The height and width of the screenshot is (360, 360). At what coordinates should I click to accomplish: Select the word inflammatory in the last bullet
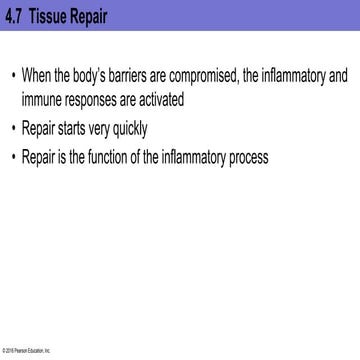pos(227,157)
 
